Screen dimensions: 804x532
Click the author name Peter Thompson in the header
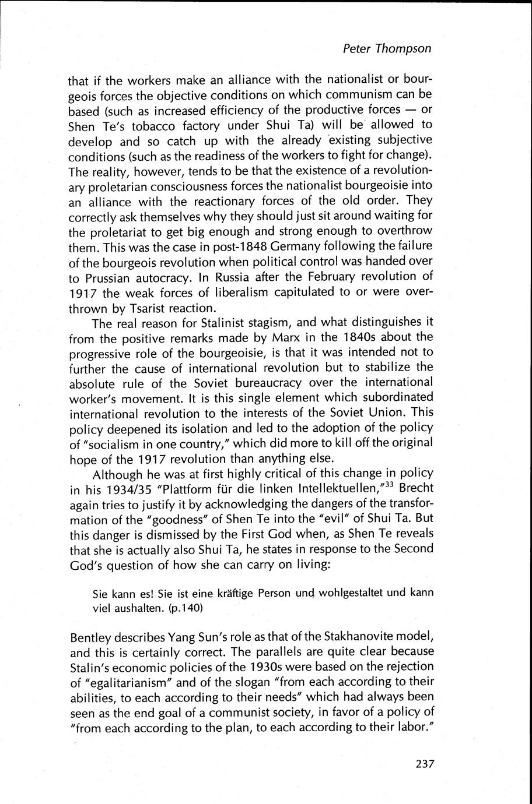click(x=387, y=48)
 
